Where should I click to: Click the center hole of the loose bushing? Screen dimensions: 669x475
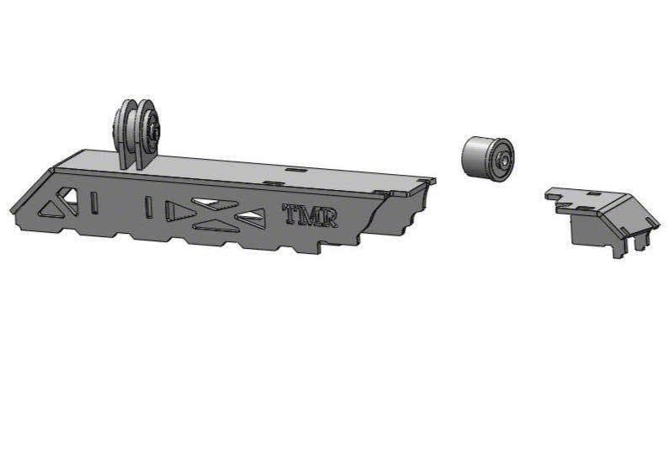(x=504, y=160)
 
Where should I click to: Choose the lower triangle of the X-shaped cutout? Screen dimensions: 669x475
(x=215, y=225)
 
